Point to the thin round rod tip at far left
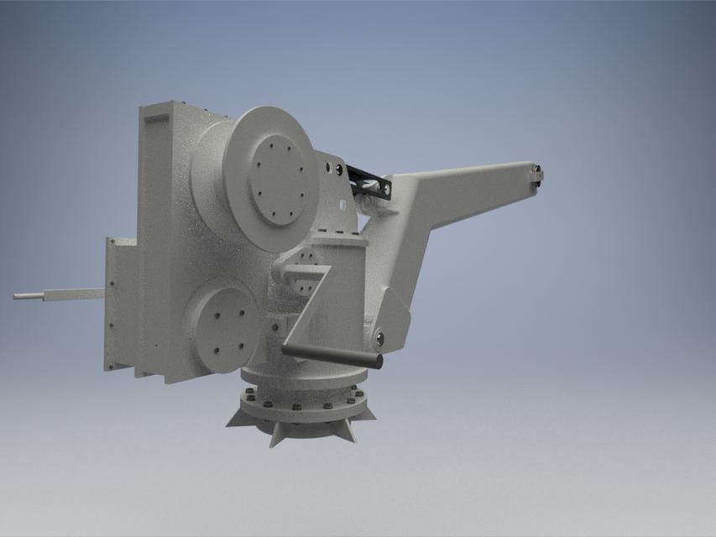pyautogui.click(x=17, y=296)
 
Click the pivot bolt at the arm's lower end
pyautogui.click(x=380, y=338)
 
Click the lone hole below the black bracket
pyautogui.click(x=342, y=202)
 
